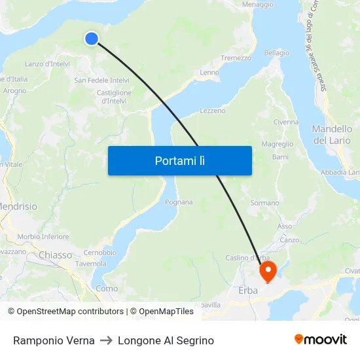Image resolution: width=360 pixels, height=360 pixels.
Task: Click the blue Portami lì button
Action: tap(179, 160)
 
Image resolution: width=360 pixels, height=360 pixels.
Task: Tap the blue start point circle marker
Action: tap(92, 39)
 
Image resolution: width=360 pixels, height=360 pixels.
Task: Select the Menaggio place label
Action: tap(257, 5)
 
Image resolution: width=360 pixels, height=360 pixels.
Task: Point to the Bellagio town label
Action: tap(276, 53)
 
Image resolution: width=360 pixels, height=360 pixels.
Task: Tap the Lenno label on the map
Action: tap(209, 73)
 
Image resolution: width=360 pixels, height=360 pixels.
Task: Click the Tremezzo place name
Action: tap(236, 58)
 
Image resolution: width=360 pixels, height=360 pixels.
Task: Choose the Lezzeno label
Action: tap(212, 111)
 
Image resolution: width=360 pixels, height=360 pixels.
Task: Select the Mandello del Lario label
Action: tap(332, 135)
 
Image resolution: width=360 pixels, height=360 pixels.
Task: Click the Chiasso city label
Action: tap(56, 255)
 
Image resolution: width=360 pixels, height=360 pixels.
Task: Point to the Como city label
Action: tap(107, 289)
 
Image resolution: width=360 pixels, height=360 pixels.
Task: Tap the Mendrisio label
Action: tap(18, 206)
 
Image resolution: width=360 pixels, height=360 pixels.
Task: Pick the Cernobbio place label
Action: tap(99, 253)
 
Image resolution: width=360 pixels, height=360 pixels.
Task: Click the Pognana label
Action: tap(179, 202)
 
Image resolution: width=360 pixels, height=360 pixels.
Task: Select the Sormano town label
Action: tap(264, 203)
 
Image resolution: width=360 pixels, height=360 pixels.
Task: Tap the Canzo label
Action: tap(289, 240)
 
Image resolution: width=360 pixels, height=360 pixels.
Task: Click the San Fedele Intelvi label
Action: tap(101, 81)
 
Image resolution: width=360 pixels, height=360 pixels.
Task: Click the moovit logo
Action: tap(320, 340)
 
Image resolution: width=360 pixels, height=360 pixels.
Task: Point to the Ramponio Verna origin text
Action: tap(54, 340)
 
